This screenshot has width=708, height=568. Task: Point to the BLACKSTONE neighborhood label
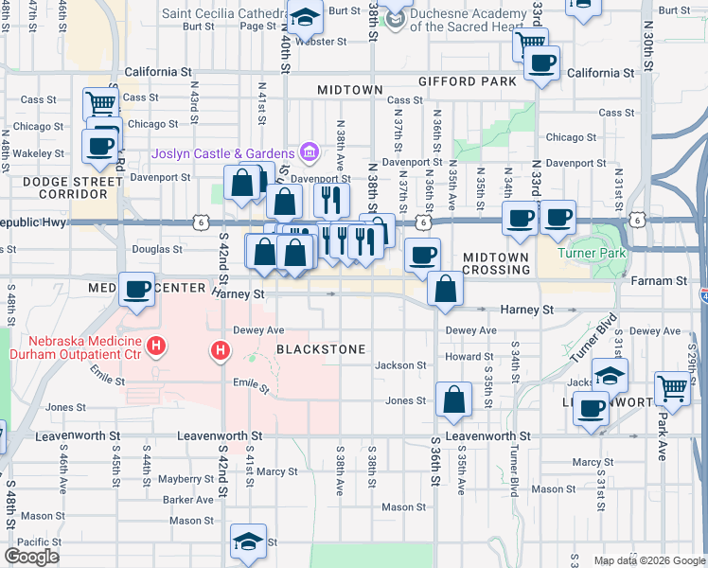(x=321, y=349)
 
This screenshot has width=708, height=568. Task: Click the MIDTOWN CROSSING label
(x=496, y=263)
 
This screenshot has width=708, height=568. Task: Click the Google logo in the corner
(x=31, y=557)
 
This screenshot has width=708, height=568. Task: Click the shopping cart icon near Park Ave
(x=672, y=386)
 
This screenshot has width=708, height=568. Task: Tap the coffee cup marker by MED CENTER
(x=137, y=288)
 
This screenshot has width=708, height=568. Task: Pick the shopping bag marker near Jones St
(x=454, y=399)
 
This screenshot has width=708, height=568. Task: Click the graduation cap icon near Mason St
(x=248, y=541)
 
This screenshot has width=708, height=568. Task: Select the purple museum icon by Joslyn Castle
(x=308, y=151)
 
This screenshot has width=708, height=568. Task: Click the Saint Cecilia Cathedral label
(x=223, y=13)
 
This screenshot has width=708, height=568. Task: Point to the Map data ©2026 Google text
(x=649, y=560)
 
